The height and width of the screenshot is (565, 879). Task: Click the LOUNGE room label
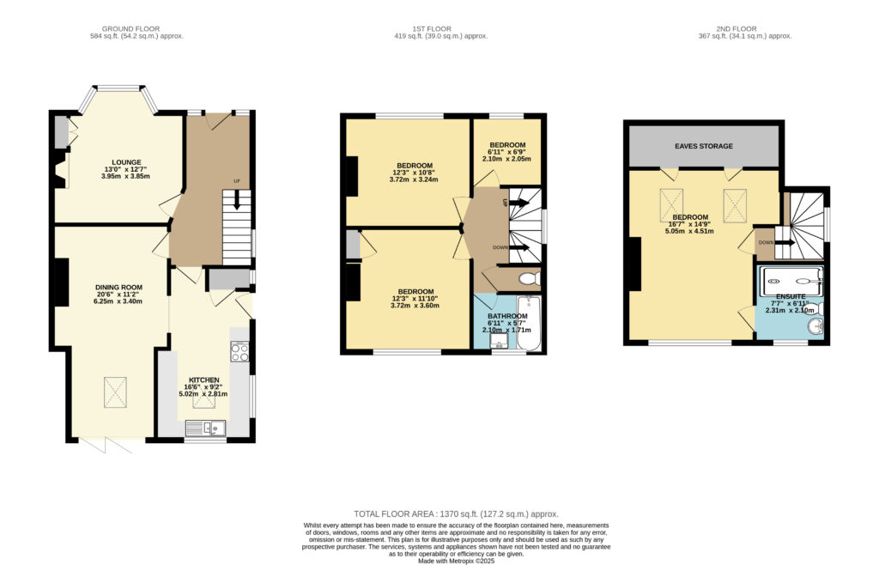click(126, 162)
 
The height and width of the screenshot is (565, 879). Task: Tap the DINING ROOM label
click(118, 288)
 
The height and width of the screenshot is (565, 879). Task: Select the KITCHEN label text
click(203, 380)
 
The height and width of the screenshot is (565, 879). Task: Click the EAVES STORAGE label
click(704, 146)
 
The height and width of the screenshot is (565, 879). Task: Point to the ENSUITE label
click(791, 296)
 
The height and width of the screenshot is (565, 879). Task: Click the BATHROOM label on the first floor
click(507, 316)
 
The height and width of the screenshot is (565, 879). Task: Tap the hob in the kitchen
click(240, 351)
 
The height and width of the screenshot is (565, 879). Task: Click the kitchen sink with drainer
click(205, 428)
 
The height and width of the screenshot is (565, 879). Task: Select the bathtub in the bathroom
click(529, 323)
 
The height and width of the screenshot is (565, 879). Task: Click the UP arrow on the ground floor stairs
click(237, 200)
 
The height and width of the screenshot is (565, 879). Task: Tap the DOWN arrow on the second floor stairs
click(785, 243)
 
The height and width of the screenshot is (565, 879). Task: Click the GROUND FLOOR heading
click(130, 28)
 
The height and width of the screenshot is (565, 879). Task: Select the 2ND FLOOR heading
click(736, 28)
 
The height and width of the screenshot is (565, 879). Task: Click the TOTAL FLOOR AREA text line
click(457, 514)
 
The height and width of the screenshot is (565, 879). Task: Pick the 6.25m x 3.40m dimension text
click(118, 301)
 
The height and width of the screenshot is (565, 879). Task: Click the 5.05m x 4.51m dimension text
click(689, 231)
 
